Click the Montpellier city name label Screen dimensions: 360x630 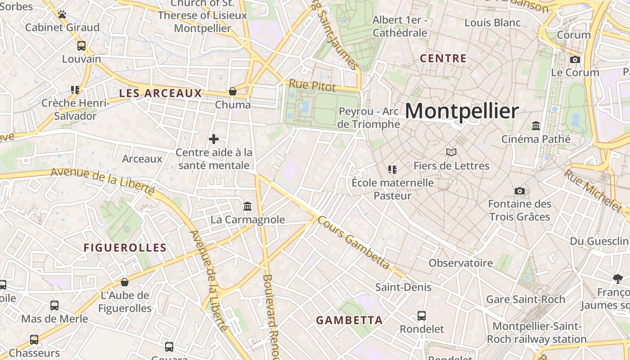(x=462, y=111)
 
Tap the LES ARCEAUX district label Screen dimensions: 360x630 (x=160, y=94)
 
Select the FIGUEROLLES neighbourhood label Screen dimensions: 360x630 (x=125, y=248)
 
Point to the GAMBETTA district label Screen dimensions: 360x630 (x=349, y=320)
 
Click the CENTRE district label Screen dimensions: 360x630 (x=443, y=58)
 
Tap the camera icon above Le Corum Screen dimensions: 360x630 (x=575, y=59)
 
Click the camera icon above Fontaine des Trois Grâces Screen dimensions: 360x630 (x=519, y=191)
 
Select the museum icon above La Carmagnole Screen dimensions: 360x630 (x=247, y=207)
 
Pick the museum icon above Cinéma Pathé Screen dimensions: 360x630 (x=536, y=126)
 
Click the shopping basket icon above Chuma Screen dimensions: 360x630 (x=233, y=92)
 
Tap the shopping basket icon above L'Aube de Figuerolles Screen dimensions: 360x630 (x=125, y=283)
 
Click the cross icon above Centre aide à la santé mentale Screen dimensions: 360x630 (x=214, y=139)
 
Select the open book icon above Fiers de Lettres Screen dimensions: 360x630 (x=451, y=153)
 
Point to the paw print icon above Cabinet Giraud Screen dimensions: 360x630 (x=62, y=15)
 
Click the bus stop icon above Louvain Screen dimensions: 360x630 (x=81, y=46)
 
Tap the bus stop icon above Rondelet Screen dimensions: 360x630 (x=422, y=316)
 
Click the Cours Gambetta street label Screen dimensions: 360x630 (x=353, y=243)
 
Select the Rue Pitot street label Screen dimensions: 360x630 (x=306, y=84)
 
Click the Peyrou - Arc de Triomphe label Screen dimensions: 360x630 (x=369, y=117)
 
